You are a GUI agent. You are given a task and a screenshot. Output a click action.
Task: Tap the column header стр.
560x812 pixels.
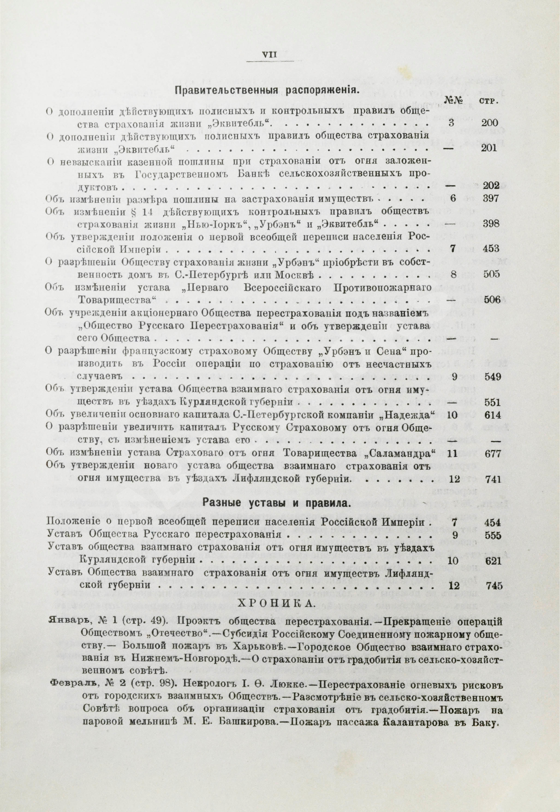pos(488,101)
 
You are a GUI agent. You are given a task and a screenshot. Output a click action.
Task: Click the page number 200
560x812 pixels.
pos(489,123)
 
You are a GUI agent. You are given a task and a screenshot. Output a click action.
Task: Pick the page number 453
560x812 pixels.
pos(489,248)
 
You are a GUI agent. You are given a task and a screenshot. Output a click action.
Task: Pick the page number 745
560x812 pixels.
pos(491,586)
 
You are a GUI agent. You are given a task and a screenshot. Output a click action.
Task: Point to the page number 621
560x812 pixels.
pos(491,561)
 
